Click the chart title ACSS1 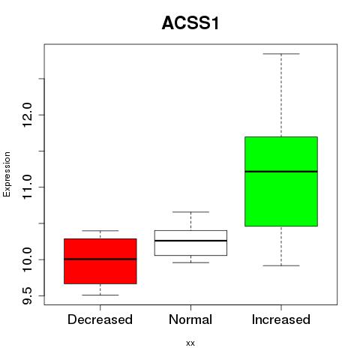(190, 23)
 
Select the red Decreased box (100, 261)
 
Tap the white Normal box (190, 243)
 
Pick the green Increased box (281, 181)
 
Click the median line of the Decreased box (100, 259)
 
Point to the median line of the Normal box (190, 241)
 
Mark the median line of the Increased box (281, 172)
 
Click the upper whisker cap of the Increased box (281, 54)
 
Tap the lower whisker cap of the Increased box (281, 265)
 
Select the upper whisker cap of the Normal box (190, 211)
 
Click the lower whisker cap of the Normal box (190, 262)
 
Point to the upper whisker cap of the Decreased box (100, 230)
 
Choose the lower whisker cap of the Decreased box (100, 295)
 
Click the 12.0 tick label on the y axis (27, 115)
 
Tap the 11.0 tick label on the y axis (27, 187)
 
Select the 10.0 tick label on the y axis (27, 259)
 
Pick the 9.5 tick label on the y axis (27, 295)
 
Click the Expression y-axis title (7, 174)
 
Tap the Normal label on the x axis (190, 319)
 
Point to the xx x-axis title (190, 343)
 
